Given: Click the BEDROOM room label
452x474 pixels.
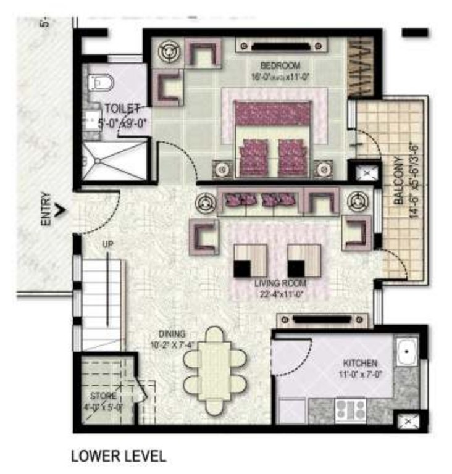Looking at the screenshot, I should point(280,65).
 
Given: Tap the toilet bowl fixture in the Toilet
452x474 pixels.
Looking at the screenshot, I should point(99,81).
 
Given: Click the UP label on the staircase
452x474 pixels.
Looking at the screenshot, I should point(108,246).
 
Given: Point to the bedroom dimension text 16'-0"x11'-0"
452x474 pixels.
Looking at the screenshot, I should point(280,77).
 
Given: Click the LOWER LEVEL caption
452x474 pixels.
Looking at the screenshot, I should point(119,457).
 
